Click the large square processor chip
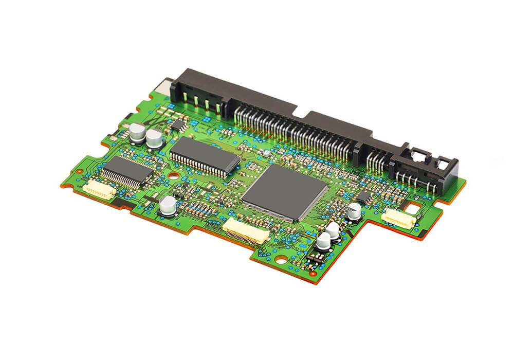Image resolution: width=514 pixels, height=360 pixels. [x=285, y=191]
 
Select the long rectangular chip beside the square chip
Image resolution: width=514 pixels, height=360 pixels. [x=205, y=156]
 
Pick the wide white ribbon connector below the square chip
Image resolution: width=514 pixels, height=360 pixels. [x=245, y=229]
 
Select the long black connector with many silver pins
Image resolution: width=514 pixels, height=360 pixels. [x=298, y=129]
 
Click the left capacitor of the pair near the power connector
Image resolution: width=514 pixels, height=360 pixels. [x=137, y=132]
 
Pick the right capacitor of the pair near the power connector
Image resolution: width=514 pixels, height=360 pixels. [x=154, y=138]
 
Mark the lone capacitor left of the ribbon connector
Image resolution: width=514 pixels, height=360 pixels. [x=167, y=205]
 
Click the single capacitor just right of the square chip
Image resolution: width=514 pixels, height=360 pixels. [x=354, y=210]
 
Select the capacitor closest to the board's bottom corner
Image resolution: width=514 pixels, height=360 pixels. [x=324, y=240]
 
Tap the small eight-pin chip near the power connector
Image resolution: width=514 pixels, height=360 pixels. [x=178, y=124]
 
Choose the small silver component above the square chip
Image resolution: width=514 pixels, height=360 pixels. [x=266, y=153]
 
